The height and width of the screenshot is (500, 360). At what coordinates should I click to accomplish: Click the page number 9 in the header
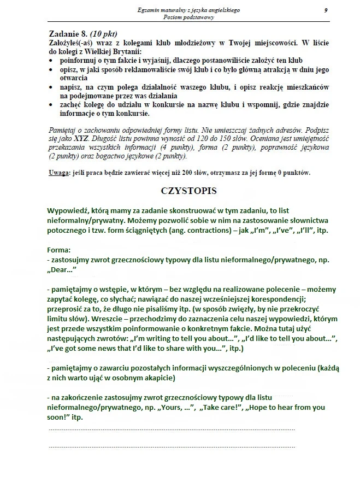[326, 10]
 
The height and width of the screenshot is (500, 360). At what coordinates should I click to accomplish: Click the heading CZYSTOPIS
[188, 191]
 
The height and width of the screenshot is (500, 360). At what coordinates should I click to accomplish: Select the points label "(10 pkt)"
[104, 34]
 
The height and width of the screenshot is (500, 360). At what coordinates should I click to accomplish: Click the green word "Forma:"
[59, 250]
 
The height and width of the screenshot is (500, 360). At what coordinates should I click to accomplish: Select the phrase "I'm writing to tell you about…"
[194, 339]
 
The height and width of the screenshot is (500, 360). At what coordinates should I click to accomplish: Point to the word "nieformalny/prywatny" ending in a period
[87, 220]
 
